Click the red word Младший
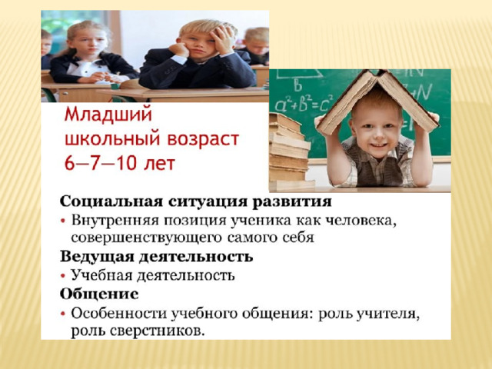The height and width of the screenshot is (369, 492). click(x=108, y=115)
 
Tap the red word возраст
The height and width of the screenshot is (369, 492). click(x=203, y=139)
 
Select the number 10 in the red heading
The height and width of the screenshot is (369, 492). click(x=125, y=163)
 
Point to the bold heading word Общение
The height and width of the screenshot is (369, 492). click(x=99, y=294)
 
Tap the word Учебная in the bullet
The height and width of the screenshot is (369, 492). click(x=101, y=275)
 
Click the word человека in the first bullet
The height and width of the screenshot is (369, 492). click(x=361, y=221)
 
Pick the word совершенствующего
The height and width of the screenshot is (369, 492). click(x=147, y=238)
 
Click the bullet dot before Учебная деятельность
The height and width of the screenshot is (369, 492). click(x=63, y=276)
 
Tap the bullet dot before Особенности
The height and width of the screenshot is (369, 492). click(x=63, y=314)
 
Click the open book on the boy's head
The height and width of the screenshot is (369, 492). click(x=377, y=101)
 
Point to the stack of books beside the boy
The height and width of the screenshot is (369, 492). click(x=289, y=152)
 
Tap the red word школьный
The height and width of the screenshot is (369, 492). click(x=114, y=139)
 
